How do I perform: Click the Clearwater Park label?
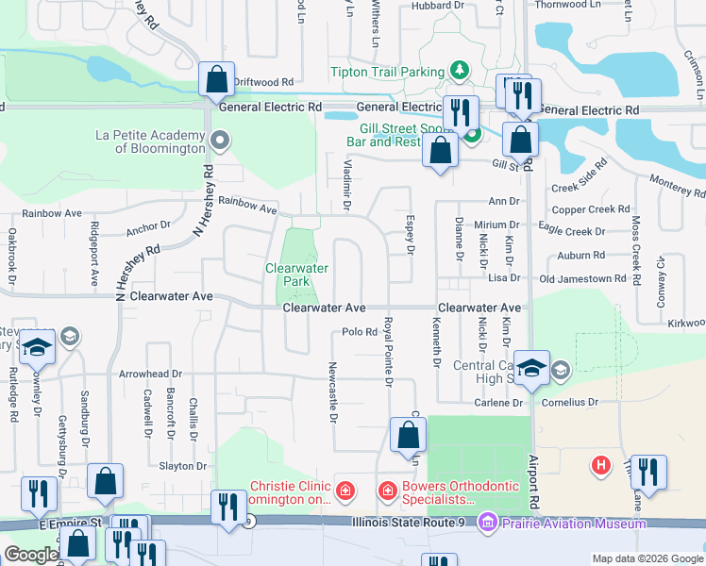[296, 275]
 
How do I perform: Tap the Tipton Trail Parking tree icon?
[458, 71]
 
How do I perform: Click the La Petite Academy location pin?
[221, 142]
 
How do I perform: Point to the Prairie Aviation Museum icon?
[487, 522]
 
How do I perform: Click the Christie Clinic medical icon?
[346, 491]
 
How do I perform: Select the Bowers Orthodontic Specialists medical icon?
[387, 491]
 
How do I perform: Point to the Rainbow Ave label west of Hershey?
[45, 214]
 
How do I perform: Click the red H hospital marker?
[599, 465]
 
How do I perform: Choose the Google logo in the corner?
[31, 555]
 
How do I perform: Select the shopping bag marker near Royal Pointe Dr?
[407, 436]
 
